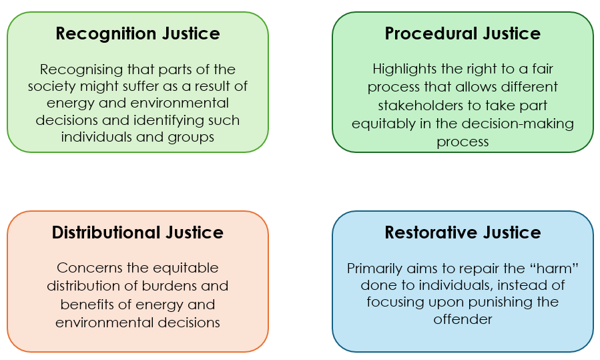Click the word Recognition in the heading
click(x=106, y=34)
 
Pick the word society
click(x=51, y=87)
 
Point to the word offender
click(x=463, y=319)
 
